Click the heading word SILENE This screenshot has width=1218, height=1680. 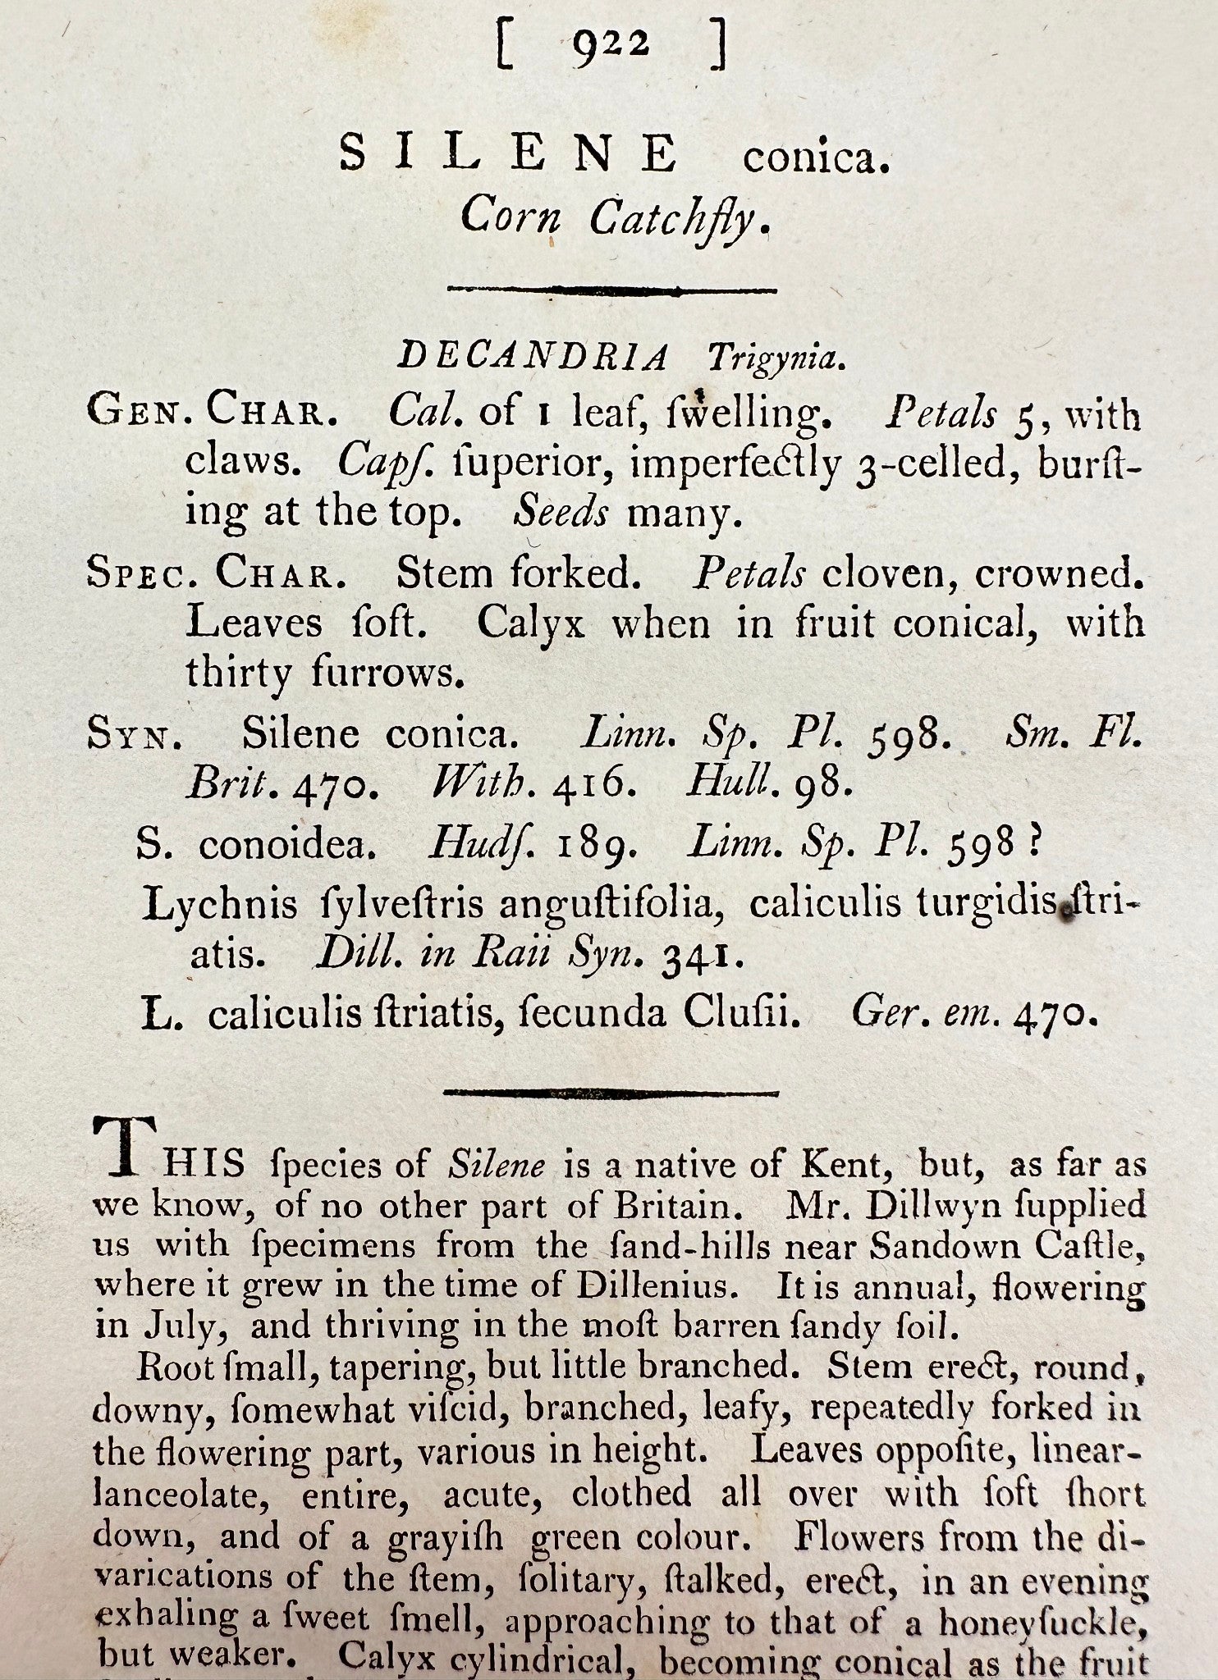click(x=509, y=154)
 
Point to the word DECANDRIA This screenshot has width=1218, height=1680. click(x=533, y=357)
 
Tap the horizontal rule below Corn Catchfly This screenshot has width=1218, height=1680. click(x=611, y=290)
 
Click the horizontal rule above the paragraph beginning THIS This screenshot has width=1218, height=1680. click(x=611, y=1093)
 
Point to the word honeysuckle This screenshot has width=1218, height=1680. click(x=1041, y=1621)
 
